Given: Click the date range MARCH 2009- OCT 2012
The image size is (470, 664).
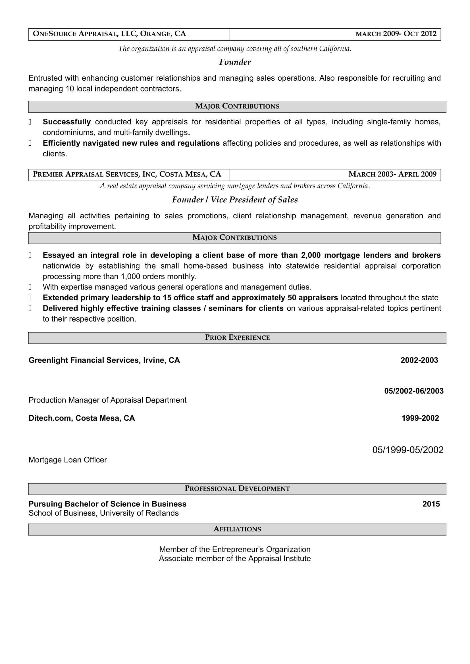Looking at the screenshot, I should tap(396, 34).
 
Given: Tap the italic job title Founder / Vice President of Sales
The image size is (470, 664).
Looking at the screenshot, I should tap(235, 200).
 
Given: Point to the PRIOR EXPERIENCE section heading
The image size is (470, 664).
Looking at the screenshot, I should tap(237, 338).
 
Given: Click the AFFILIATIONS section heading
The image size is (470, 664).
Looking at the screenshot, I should tap(237, 529).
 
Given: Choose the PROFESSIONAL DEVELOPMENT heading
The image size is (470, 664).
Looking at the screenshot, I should tap(237, 489).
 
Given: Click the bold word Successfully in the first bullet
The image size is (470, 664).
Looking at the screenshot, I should tap(66, 122).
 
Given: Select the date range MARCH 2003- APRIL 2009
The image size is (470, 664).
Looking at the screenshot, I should tap(392, 174).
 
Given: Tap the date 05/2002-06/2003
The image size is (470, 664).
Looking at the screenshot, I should tap(413, 391).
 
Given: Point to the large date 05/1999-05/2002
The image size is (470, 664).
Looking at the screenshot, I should tap(407, 450).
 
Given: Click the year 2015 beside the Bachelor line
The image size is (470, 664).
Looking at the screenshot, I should tap(431, 504).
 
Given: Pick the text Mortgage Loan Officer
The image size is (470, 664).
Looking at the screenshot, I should tap(67, 460).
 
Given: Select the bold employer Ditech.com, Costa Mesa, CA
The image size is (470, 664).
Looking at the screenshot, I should tap(82, 418).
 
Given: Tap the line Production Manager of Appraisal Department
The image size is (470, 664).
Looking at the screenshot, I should tap(107, 400).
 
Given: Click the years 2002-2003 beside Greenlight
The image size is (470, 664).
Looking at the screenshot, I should tap(419, 360).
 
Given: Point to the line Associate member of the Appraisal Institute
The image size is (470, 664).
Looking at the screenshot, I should tap(235, 558).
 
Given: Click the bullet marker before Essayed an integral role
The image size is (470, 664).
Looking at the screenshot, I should tap(30, 255).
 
